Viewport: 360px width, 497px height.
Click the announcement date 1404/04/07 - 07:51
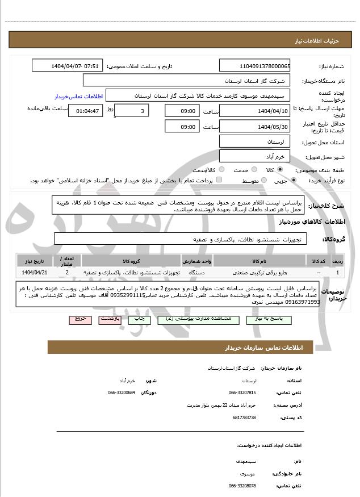68,66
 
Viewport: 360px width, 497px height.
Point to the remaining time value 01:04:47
88,111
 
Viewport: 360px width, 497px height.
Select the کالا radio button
280,170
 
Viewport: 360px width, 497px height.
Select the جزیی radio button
294,181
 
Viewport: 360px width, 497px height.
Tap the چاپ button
139,320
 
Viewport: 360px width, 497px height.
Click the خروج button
81,320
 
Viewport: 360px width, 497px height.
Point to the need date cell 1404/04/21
34,273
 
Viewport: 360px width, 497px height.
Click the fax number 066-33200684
122,392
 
